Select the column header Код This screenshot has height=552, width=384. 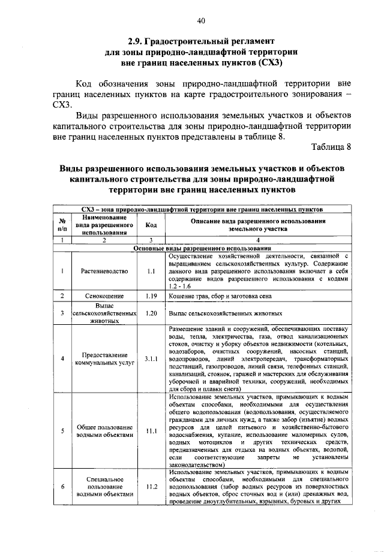(151, 225)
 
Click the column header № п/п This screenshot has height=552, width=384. (62, 225)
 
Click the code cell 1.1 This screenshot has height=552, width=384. (151, 271)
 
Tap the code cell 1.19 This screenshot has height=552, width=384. (151, 296)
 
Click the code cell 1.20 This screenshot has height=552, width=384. (151, 313)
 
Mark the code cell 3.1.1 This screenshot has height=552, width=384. (151, 359)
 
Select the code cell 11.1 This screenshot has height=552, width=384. (151, 431)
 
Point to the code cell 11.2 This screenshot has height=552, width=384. (151, 486)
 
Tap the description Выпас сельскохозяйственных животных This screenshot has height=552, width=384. (226, 313)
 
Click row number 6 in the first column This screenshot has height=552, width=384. (62, 486)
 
